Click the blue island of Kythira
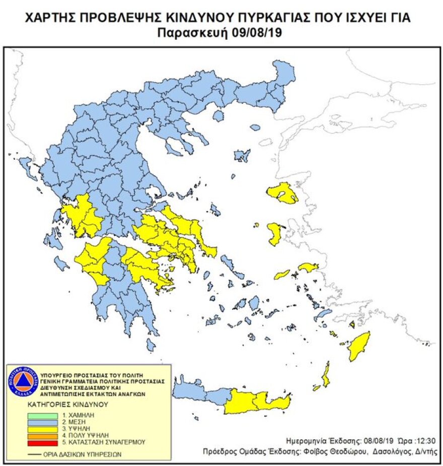pos(151,345)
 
